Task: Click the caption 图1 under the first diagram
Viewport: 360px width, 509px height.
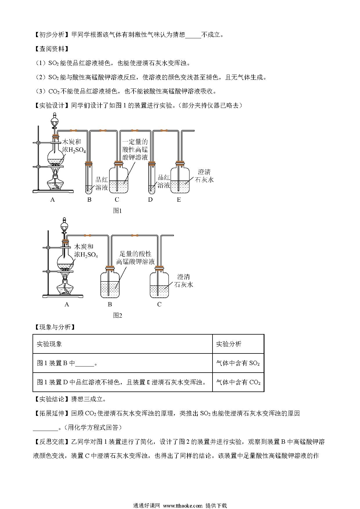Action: click(x=117, y=211)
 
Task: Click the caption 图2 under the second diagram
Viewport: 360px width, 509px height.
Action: click(x=117, y=315)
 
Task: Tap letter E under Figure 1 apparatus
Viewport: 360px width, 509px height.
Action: click(x=179, y=199)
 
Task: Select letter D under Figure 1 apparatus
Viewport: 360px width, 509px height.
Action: click(x=150, y=199)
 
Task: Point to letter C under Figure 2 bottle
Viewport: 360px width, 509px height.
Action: click(x=159, y=304)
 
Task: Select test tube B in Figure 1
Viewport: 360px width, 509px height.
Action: click(x=89, y=177)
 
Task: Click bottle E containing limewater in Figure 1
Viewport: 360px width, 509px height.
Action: click(x=180, y=178)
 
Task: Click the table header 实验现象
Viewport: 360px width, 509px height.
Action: click(x=49, y=344)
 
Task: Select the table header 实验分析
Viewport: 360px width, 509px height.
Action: click(x=228, y=344)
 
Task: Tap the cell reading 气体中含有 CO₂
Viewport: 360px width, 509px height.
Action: click(x=238, y=382)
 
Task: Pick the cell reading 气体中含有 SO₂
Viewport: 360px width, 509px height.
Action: click(x=238, y=363)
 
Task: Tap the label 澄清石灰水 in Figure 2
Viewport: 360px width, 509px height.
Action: click(x=184, y=281)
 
